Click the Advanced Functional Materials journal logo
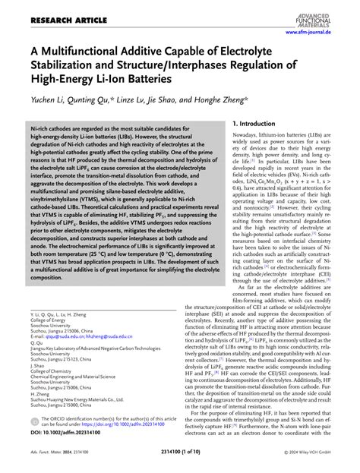[328, 14]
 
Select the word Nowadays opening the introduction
[248, 134]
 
